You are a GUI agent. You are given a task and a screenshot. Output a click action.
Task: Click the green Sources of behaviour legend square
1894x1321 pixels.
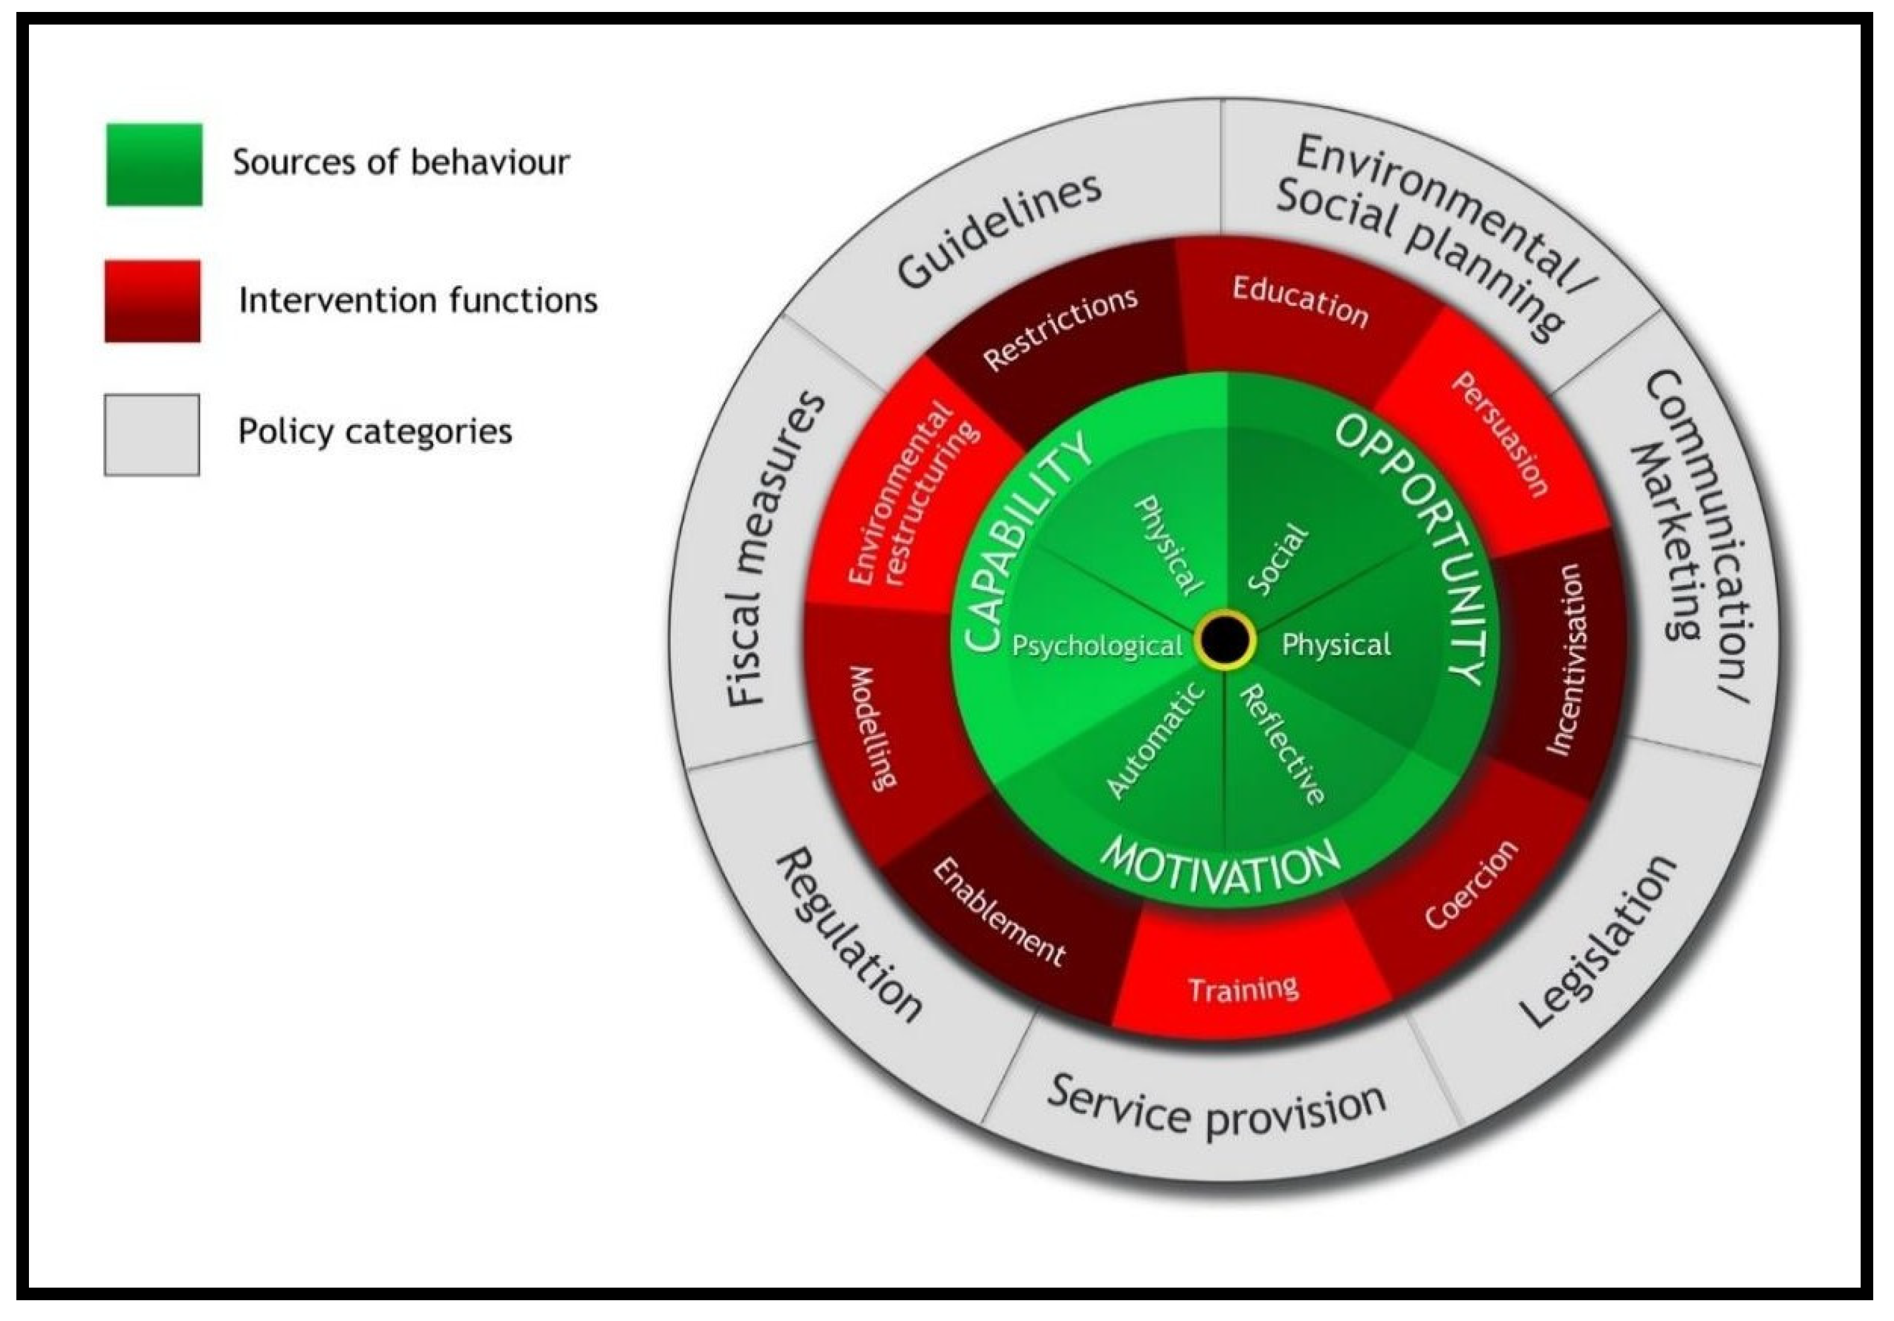pos(154,164)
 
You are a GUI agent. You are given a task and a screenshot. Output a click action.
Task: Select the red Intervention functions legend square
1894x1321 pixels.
pos(152,301)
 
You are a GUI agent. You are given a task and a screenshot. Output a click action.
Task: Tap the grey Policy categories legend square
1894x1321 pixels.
pos(152,435)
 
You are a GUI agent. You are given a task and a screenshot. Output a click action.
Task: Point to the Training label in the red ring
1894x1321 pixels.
pos(1244,988)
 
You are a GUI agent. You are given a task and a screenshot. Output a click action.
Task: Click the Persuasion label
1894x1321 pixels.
pos(1500,435)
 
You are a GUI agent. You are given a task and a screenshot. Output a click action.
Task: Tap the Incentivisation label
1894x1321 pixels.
pos(1565,659)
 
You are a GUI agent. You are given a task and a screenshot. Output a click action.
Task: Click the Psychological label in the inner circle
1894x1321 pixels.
pos(1097,645)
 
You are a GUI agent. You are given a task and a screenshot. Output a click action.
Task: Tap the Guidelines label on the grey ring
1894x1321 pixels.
pos(1000,232)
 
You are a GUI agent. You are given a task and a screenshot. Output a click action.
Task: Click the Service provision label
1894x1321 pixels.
pos(1216,1109)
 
